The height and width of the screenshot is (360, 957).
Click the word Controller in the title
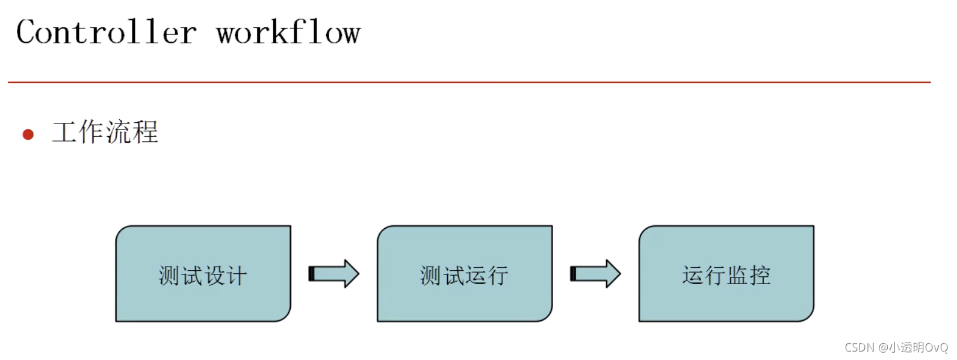106,33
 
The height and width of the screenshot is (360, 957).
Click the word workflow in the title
288,33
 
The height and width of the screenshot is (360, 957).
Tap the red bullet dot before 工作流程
28,134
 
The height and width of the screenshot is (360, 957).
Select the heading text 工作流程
105,132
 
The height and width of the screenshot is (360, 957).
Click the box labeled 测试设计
203,274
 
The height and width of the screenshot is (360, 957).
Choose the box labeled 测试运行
464,274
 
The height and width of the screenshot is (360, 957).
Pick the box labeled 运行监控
726,274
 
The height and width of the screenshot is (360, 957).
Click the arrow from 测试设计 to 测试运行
334,274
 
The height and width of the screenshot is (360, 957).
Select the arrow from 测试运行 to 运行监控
595,274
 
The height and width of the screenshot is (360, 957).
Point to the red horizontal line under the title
469,82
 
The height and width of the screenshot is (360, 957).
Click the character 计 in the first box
237,276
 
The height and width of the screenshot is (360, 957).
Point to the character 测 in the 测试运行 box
430,276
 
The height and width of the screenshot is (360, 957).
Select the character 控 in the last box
760,275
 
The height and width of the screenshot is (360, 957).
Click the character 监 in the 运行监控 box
737,275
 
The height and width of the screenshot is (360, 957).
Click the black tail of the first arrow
311,274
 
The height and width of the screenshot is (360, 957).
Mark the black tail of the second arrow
573,274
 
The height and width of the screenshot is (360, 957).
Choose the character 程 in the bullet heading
146,132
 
